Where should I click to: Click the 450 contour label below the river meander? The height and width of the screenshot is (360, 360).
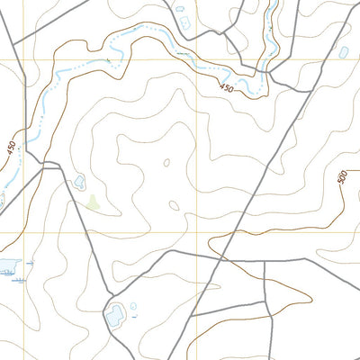pos(225,87)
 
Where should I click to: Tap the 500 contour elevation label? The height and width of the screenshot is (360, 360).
pos(342,176)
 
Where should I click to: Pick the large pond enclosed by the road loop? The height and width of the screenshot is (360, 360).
pos(116,315)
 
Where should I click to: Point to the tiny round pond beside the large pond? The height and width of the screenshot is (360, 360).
pos(134,307)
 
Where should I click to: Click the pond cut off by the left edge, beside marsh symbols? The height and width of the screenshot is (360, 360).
pos(8,265)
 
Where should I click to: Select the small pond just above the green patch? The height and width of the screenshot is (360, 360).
pos(79,182)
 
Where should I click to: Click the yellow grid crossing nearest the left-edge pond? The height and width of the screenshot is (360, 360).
pos(24,232)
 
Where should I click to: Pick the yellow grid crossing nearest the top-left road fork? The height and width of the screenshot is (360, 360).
pos(24,60)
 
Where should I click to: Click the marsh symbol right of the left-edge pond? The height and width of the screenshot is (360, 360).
pos(31,262)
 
